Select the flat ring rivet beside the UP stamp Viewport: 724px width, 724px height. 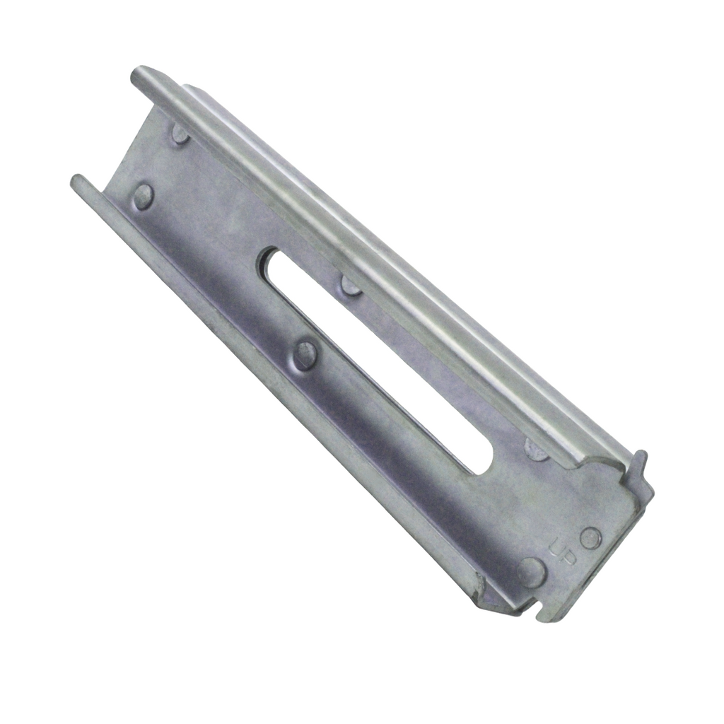point(590,538)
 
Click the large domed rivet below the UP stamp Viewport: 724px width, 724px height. point(532,571)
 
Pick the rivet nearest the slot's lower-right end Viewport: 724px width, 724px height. point(536,448)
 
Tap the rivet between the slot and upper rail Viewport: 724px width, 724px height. point(351,284)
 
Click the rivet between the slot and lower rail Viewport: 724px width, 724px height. point(305,354)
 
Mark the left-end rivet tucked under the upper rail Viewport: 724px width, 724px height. point(180,133)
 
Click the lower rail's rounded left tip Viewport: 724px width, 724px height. point(76,182)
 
